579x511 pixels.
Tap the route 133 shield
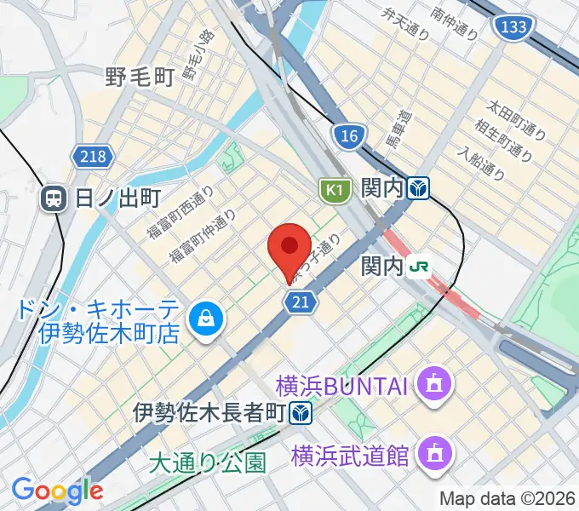(513, 28)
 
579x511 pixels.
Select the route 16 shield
(348, 135)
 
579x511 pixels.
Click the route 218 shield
(89, 156)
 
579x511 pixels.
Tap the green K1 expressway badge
(335, 189)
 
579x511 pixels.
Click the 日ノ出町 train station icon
(54, 199)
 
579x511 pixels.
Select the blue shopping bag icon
(205, 319)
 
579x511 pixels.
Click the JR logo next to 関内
(419, 267)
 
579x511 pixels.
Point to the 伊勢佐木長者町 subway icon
(299, 414)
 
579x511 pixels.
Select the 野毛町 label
(140, 78)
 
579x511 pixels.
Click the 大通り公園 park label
(207, 462)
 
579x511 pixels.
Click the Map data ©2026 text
(507, 498)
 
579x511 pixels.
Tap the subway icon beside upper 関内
(417, 187)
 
